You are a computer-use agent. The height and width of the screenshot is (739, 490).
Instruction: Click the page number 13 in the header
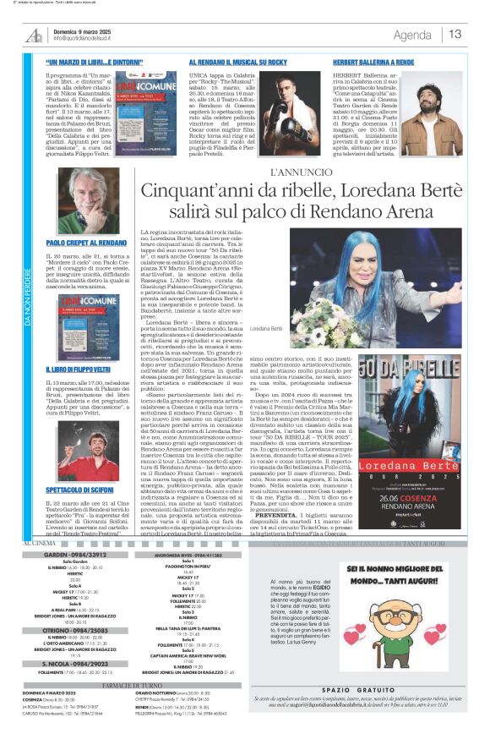click(x=455, y=35)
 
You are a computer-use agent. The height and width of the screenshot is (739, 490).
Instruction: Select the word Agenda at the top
click(x=412, y=35)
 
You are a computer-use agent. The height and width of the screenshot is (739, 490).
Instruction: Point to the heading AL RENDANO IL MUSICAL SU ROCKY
click(x=238, y=63)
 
